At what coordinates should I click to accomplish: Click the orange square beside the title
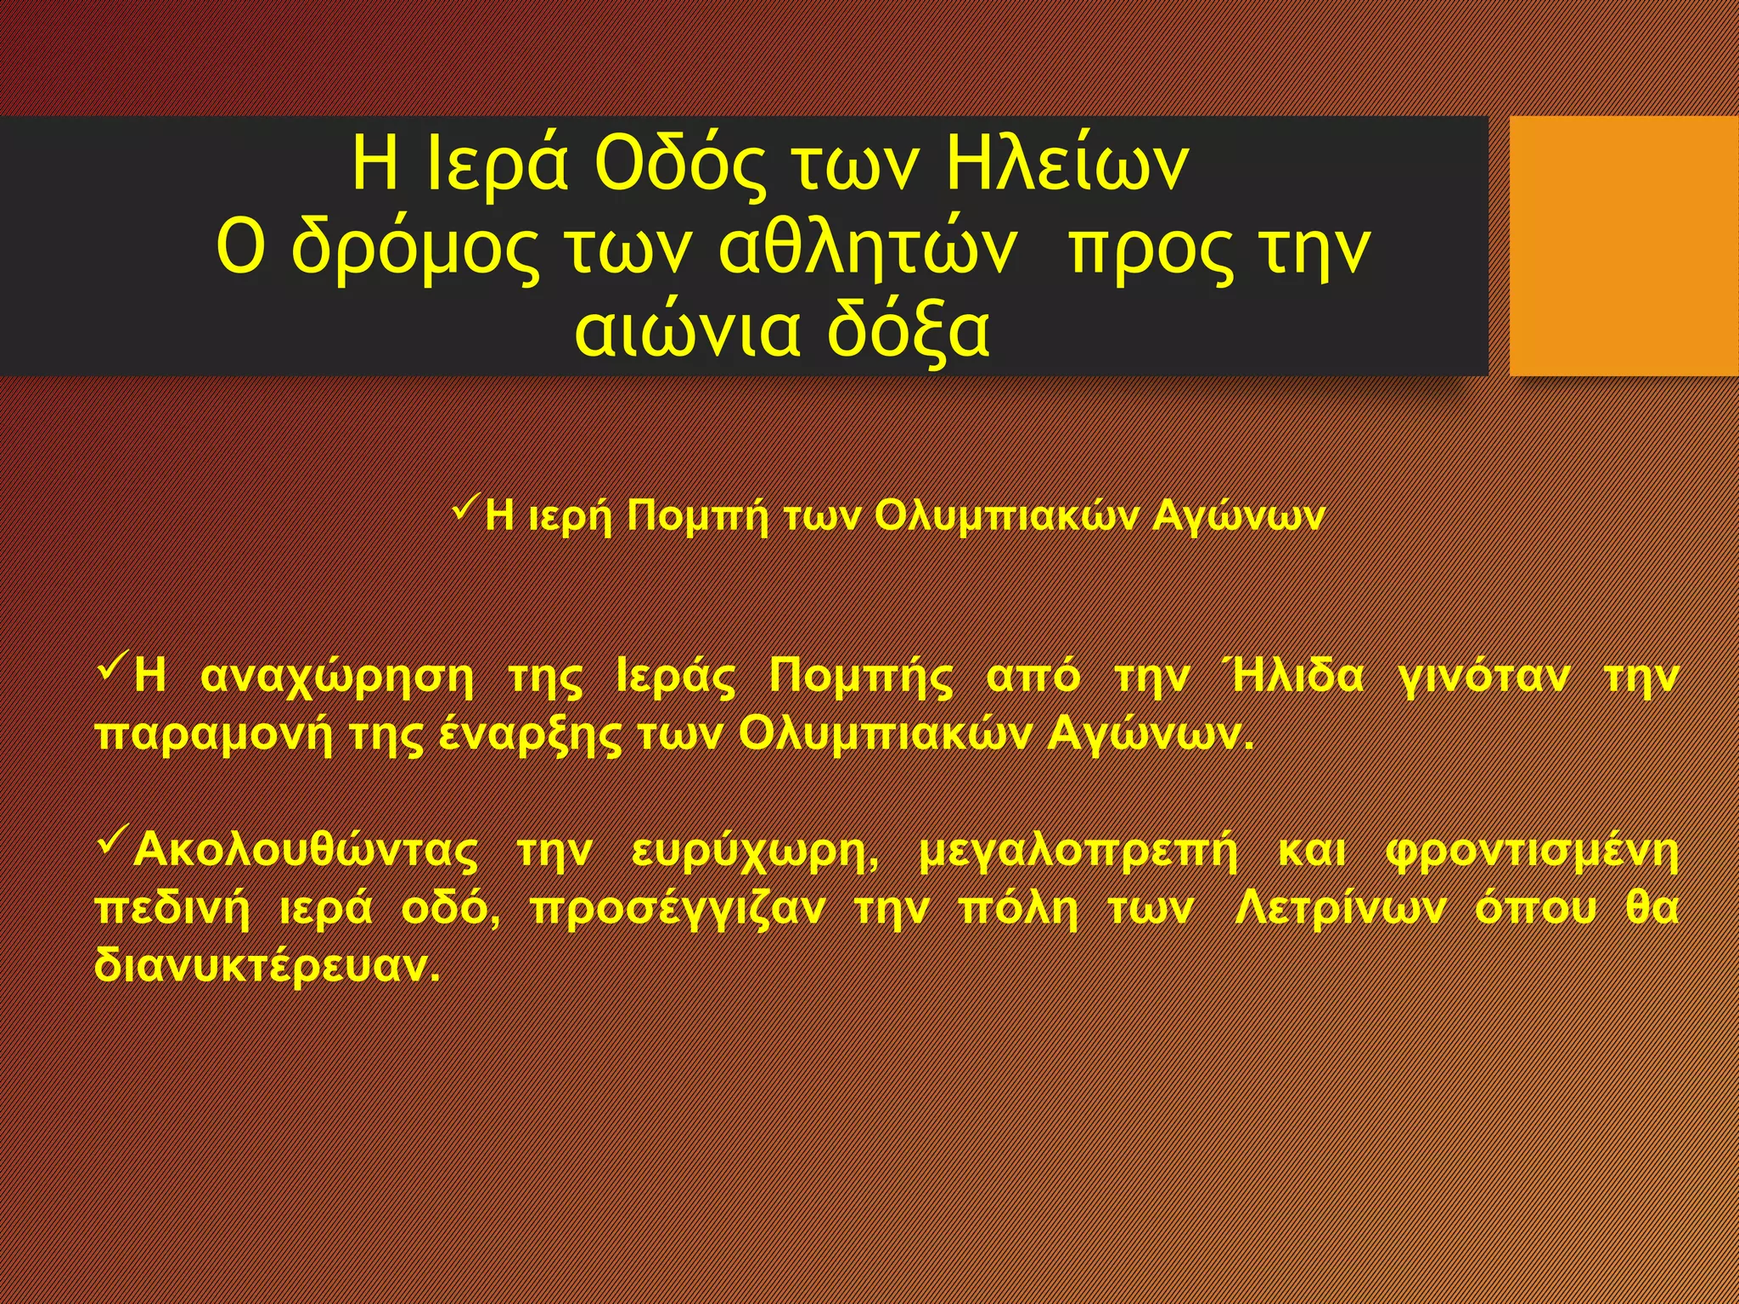(1624, 246)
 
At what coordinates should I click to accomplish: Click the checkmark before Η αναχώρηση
(111, 671)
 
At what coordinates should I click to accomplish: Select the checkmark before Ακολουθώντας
(111, 841)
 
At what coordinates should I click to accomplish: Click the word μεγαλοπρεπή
(1078, 852)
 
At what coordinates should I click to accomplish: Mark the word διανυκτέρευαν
(267, 966)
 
